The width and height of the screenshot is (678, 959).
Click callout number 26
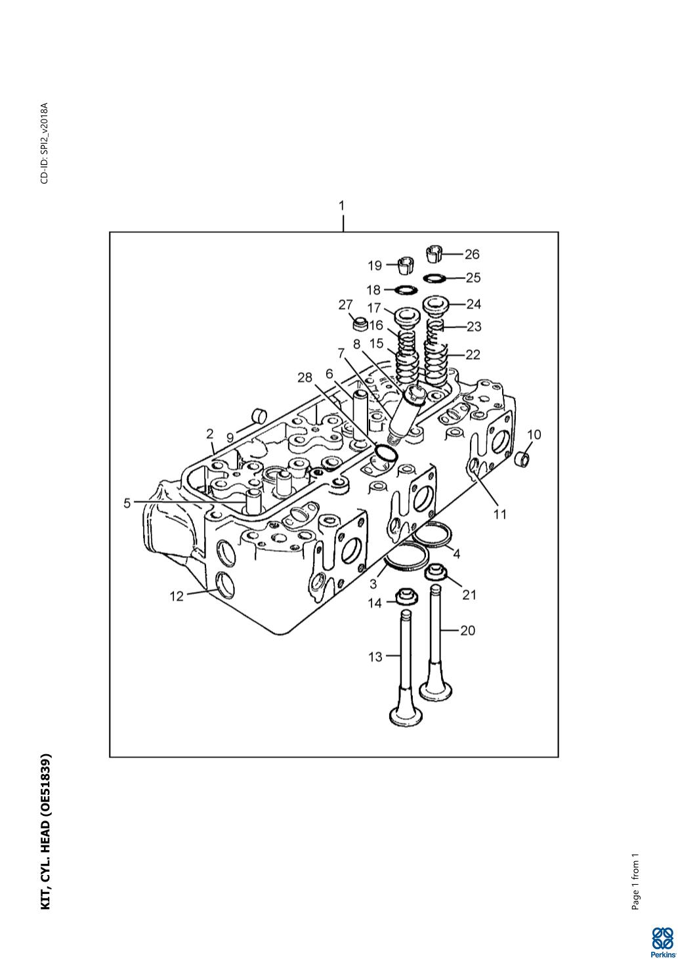tap(472, 254)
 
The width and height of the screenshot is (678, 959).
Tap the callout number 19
tap(375, 266)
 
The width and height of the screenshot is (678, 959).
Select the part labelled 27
tap(360, 324)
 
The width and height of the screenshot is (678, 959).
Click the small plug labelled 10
tap(522, 459)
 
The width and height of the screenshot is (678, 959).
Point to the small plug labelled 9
tap(259, 415)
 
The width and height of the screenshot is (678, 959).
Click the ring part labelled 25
tap(434, 278)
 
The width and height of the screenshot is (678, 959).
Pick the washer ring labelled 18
tap(406, 290)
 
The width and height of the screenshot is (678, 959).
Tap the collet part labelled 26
tap(435, 253)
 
